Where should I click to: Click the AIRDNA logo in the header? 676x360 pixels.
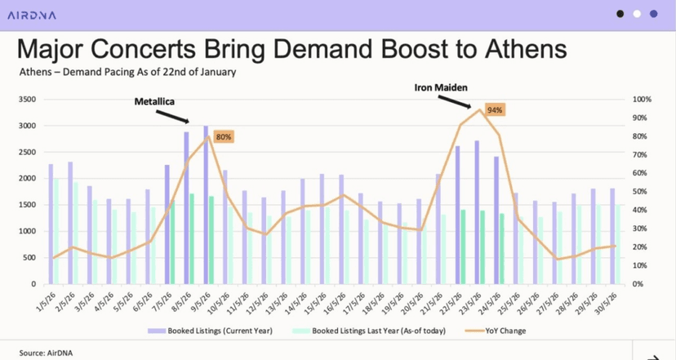pyautogui.click(x=32, y=13)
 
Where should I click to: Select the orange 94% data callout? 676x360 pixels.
pyautogui.click(x=495, y=109)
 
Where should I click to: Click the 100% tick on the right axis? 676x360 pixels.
pyautogui.click(x=642, y=100)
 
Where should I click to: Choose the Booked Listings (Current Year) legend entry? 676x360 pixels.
pyautogui.click(x=215, y=331)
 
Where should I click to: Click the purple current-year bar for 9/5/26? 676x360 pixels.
pyautogui.click(x=206, y=205)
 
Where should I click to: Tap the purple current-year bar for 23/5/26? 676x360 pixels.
pyautogui.click(x=477, y=212)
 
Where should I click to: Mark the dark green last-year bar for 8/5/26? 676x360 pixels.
pyautogui.click(x=192, y=238)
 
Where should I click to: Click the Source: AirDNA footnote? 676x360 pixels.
pyautogui.click(x=44, y=353)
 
